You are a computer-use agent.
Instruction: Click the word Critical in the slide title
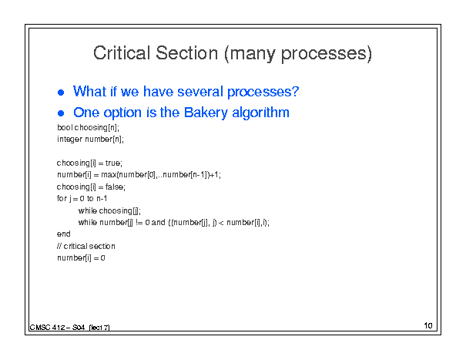[x=122, y=53]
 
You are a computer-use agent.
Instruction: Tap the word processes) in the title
[x=327, y=54]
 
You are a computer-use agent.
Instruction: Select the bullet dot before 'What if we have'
[x=61, y=93]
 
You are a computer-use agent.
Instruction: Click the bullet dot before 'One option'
[x=61, y=113]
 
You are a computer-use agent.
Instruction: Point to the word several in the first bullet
[x=200, y=91]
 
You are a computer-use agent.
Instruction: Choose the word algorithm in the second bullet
[x=260, y=113]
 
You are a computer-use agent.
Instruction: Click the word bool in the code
[x=65, y=127]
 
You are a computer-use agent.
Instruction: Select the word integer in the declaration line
[x=69, y=140]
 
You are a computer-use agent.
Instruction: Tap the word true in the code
[x=112, y=163]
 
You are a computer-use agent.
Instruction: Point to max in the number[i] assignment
[x=109, y=175]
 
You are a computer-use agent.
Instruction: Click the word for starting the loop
[x=62, y=198]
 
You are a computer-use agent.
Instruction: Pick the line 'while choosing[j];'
[x=109, y=210]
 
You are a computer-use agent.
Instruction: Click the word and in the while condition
[x=158, y=222]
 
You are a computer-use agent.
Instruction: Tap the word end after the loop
[x=64, y=234]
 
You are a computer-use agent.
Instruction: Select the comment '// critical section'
[x=86, y=246]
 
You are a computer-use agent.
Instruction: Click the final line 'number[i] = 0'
[x=81, y=258]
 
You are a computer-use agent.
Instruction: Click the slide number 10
[x=428, y=325]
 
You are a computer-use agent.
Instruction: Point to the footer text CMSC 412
[x=47, y=328]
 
